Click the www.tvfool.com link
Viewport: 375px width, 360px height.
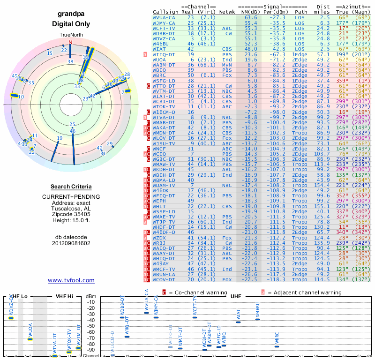tap(71, 280)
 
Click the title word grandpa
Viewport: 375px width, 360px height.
tap(71, 15)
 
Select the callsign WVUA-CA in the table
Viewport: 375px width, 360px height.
tap(164, 17)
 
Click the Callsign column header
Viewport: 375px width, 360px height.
tap(165, 11)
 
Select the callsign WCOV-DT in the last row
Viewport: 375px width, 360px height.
tap(164, 279)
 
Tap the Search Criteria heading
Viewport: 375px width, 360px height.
tap(71, 187)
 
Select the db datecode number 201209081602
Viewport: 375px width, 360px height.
tap(71, 243)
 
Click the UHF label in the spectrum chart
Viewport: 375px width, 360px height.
tap(236, 296)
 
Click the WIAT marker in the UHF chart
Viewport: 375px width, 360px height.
tap(239, 322)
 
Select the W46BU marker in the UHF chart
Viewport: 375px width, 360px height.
tap(257, 319)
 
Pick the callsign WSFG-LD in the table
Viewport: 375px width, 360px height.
tap(164, 80)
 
